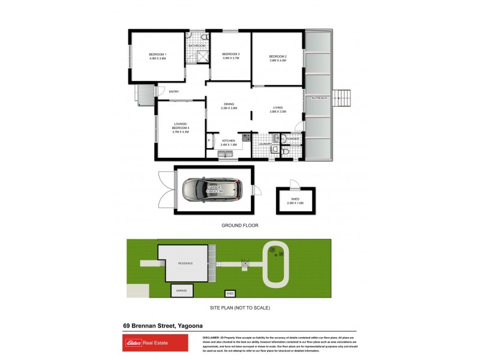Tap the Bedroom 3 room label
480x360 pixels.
[x=231, y=56]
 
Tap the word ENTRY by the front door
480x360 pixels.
[x=174, y=91]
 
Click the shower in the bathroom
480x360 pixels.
[x=202, y=57]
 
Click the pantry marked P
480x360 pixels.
[x=209, y=141]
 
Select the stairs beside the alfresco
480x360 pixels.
[x=343, y=97]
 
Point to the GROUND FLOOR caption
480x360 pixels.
[x=240, y=226]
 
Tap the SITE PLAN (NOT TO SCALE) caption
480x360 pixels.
[x=240, y=308]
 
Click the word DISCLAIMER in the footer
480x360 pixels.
[x=214, y=337]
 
